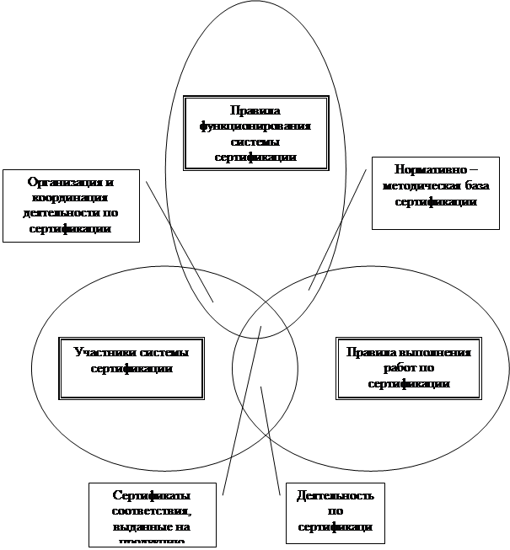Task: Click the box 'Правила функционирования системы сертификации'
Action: [x=255, y=133]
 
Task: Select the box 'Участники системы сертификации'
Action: [x=132, y=367]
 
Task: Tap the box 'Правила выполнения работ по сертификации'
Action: [x=408, y=367]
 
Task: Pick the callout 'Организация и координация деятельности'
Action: [x=71, y=206]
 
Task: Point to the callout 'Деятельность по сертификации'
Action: [x=336, y=512]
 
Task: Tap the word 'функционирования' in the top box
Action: [x=255, y=125]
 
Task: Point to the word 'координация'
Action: [x=71, y=197]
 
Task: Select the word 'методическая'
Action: [x=419, y=185]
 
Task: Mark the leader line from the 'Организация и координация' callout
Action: [x=179, y=240]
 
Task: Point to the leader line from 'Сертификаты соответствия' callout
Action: [x=242, y=408]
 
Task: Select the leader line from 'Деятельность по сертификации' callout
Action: [x=269, y=438]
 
